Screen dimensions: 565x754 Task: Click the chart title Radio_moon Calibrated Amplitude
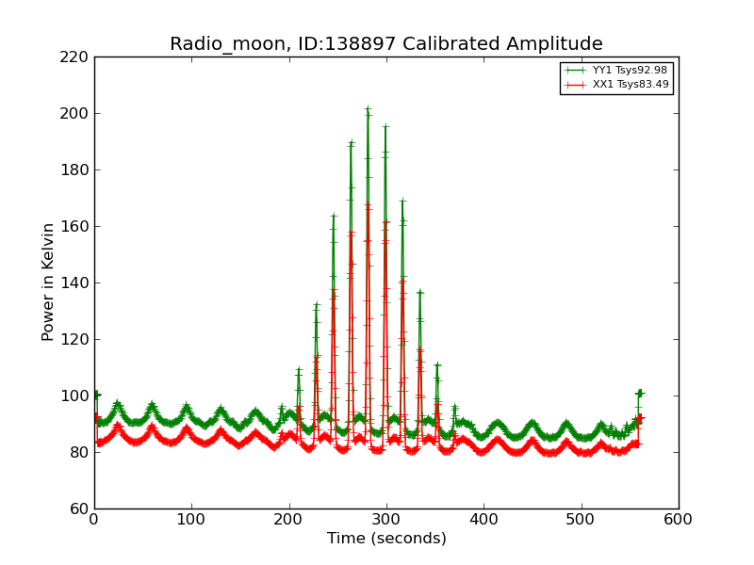pos(385,44)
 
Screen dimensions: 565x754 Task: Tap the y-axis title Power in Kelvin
pos(48,282)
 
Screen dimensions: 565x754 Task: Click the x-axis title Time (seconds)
pos(386,539)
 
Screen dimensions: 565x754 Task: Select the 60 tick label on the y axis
pos(79,508)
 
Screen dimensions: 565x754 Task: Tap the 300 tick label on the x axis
pos(386,519)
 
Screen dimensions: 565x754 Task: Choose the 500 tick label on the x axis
pos(581,519)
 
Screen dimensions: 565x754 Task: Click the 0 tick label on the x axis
pos(94,519)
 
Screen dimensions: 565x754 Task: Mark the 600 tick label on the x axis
pos(678,519)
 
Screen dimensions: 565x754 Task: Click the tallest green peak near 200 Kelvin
pos(368,108)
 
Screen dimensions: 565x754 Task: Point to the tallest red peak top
pos(368,204)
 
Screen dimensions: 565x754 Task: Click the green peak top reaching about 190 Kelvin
pos(351,143)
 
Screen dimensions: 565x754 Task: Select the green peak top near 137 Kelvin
pos(419,292)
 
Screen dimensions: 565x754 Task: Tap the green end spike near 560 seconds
pos(639,392)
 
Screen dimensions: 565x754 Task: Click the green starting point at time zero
pos(95,395)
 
